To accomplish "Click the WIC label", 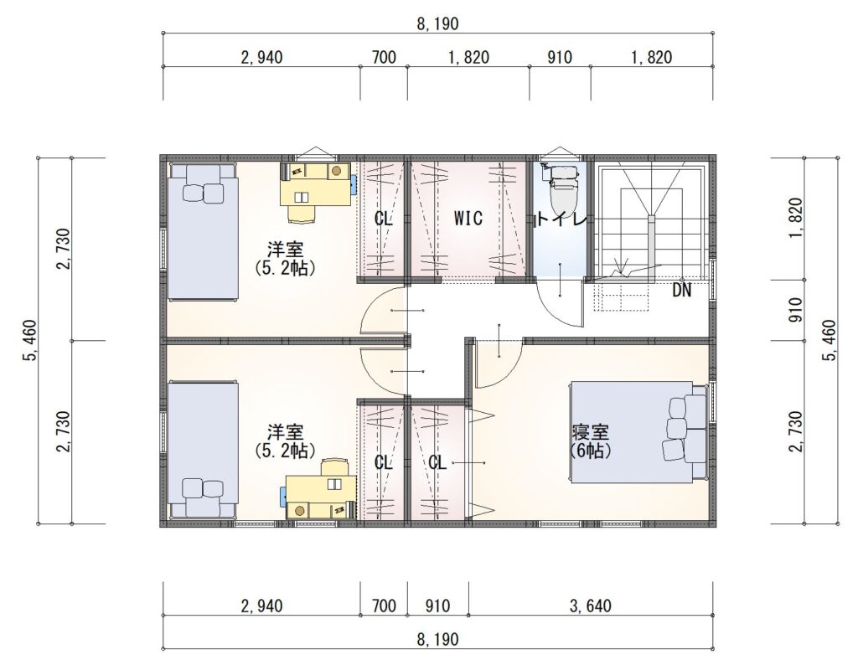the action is coord(468,219).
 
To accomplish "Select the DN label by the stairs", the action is coord(682,291).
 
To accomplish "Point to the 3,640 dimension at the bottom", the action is coord(591,606).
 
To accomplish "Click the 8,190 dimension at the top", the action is coord(437,23).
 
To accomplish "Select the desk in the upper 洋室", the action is coord(316,183).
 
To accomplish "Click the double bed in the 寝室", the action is coord(639,432).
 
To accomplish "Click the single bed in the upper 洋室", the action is coord(203,231).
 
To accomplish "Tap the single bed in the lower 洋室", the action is coord(203,450).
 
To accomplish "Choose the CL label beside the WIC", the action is coord(383,219).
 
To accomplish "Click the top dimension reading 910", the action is coord(559,57).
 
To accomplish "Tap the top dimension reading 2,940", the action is coord(261,57).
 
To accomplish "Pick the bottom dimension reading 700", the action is coord(384,606).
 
